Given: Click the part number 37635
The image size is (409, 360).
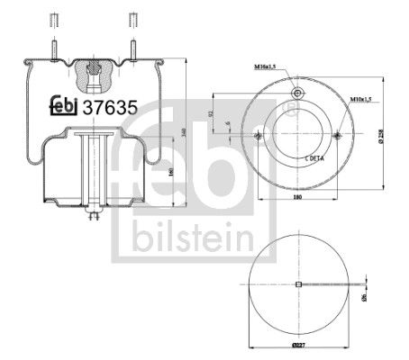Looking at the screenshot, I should click(x=110, y=105).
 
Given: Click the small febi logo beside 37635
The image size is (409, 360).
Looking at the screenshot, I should click(x=62, y=105).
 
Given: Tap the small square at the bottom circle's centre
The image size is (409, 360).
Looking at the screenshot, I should click(x=297, y=285).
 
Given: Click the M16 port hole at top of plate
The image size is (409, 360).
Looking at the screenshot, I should click(x=296, y=93).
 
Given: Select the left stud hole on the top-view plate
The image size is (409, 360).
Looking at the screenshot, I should click(x=258, y=136).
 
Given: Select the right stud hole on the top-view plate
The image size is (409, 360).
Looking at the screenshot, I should click(x=336, y=136).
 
